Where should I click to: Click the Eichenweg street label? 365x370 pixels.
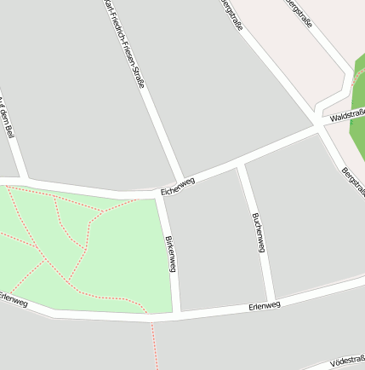coord(178,187)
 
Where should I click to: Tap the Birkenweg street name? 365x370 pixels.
coord(171,254)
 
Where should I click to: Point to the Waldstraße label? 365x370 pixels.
coord(347,114)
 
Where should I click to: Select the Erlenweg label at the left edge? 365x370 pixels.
coord(13,300)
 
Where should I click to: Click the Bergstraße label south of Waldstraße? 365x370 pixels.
coord(351,182)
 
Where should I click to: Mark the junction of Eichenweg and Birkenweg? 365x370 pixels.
coord(161,195)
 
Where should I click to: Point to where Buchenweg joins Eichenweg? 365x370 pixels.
coord(242,164)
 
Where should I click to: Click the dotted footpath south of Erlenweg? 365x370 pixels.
coord(154,345)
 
